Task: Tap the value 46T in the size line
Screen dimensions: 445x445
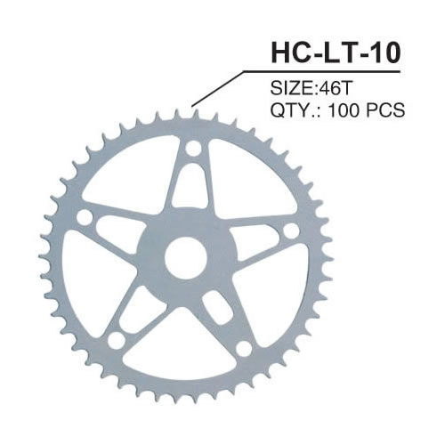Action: pyautogui.click(x=329, y=90)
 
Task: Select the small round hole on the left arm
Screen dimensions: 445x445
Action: pyautogui.click(x=85, y=217)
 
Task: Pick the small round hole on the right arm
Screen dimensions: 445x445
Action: pyautogui.click(x=290, y=231)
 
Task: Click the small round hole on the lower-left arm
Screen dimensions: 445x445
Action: pyautogui.click(x=114, y=342)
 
